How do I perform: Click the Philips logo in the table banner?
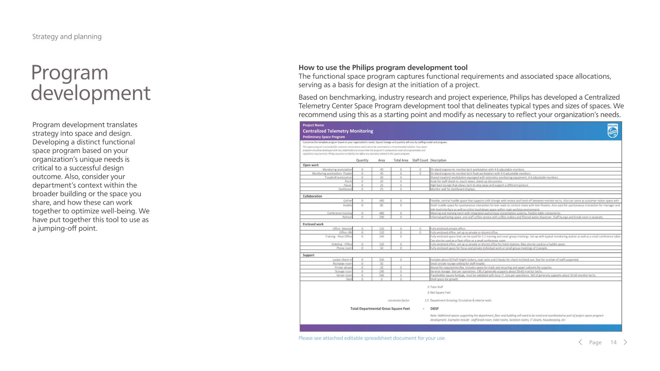tap(612, 131)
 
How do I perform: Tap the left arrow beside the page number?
tap(580, 342)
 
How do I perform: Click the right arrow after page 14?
tap(625, 342)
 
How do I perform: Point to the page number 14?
tap(613, 342)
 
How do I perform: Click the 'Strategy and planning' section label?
tap(67, 36)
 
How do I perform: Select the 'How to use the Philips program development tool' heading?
tap(383, 67)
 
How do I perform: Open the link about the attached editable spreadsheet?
tap(372, 338)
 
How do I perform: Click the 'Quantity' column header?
tap(362, 160)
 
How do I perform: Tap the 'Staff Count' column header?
tap(420, 160)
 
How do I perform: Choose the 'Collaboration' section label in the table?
tap(312, 196)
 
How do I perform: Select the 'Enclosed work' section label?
tap(313, 224)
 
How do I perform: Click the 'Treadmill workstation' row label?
tap(338, 177)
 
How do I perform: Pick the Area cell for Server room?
tap(382, 275)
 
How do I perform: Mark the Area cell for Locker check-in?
tap(382, 260)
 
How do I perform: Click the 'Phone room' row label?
tap(344, 248)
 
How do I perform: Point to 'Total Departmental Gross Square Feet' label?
tap(380, 309)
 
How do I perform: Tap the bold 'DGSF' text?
tap(434, 309)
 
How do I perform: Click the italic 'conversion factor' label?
tap(399, 300)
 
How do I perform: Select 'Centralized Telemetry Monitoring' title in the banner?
tap(338, 131)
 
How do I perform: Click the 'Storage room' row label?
tap(343, 271)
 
